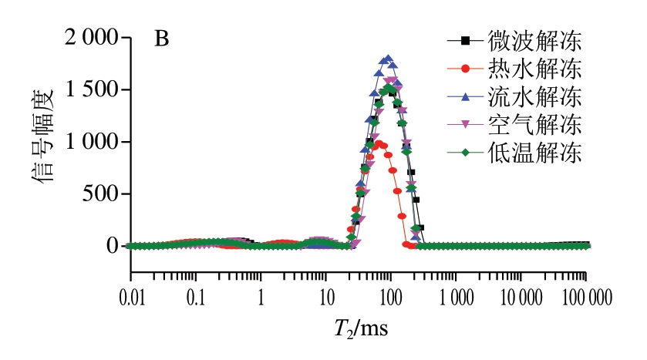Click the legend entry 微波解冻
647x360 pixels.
tap(532, 39)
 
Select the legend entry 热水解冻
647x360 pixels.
tap(532, 69)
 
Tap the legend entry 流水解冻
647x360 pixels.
tap(532, 97)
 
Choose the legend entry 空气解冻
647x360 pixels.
tap(532, 125)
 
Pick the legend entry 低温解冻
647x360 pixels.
tap(532, 153)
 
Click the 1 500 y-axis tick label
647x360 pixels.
tap(86, 89)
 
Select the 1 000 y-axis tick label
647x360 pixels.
tap(86, 142)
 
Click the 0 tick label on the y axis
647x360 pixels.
tap(112, 246)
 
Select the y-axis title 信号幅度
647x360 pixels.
tap(43, 142)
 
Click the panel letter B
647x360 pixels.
tap(162, 38)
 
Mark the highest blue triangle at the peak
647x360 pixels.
tap(389, 59)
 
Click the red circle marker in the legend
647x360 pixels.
tap(465, 69)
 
